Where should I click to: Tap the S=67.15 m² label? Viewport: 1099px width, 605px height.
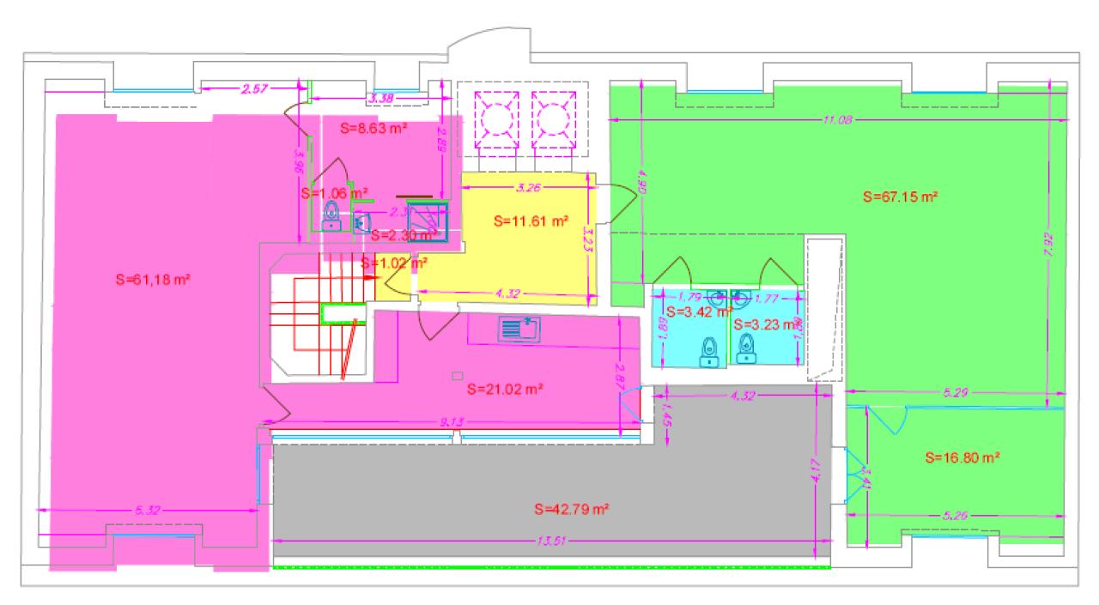[899, 197]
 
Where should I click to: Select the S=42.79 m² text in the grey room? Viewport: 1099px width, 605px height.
[571, 509]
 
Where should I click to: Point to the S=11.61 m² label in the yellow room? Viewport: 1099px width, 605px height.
[532, 221]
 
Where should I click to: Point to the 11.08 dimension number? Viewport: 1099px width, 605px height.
[836, 119]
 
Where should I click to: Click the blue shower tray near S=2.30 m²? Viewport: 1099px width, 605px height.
[428, 221]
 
